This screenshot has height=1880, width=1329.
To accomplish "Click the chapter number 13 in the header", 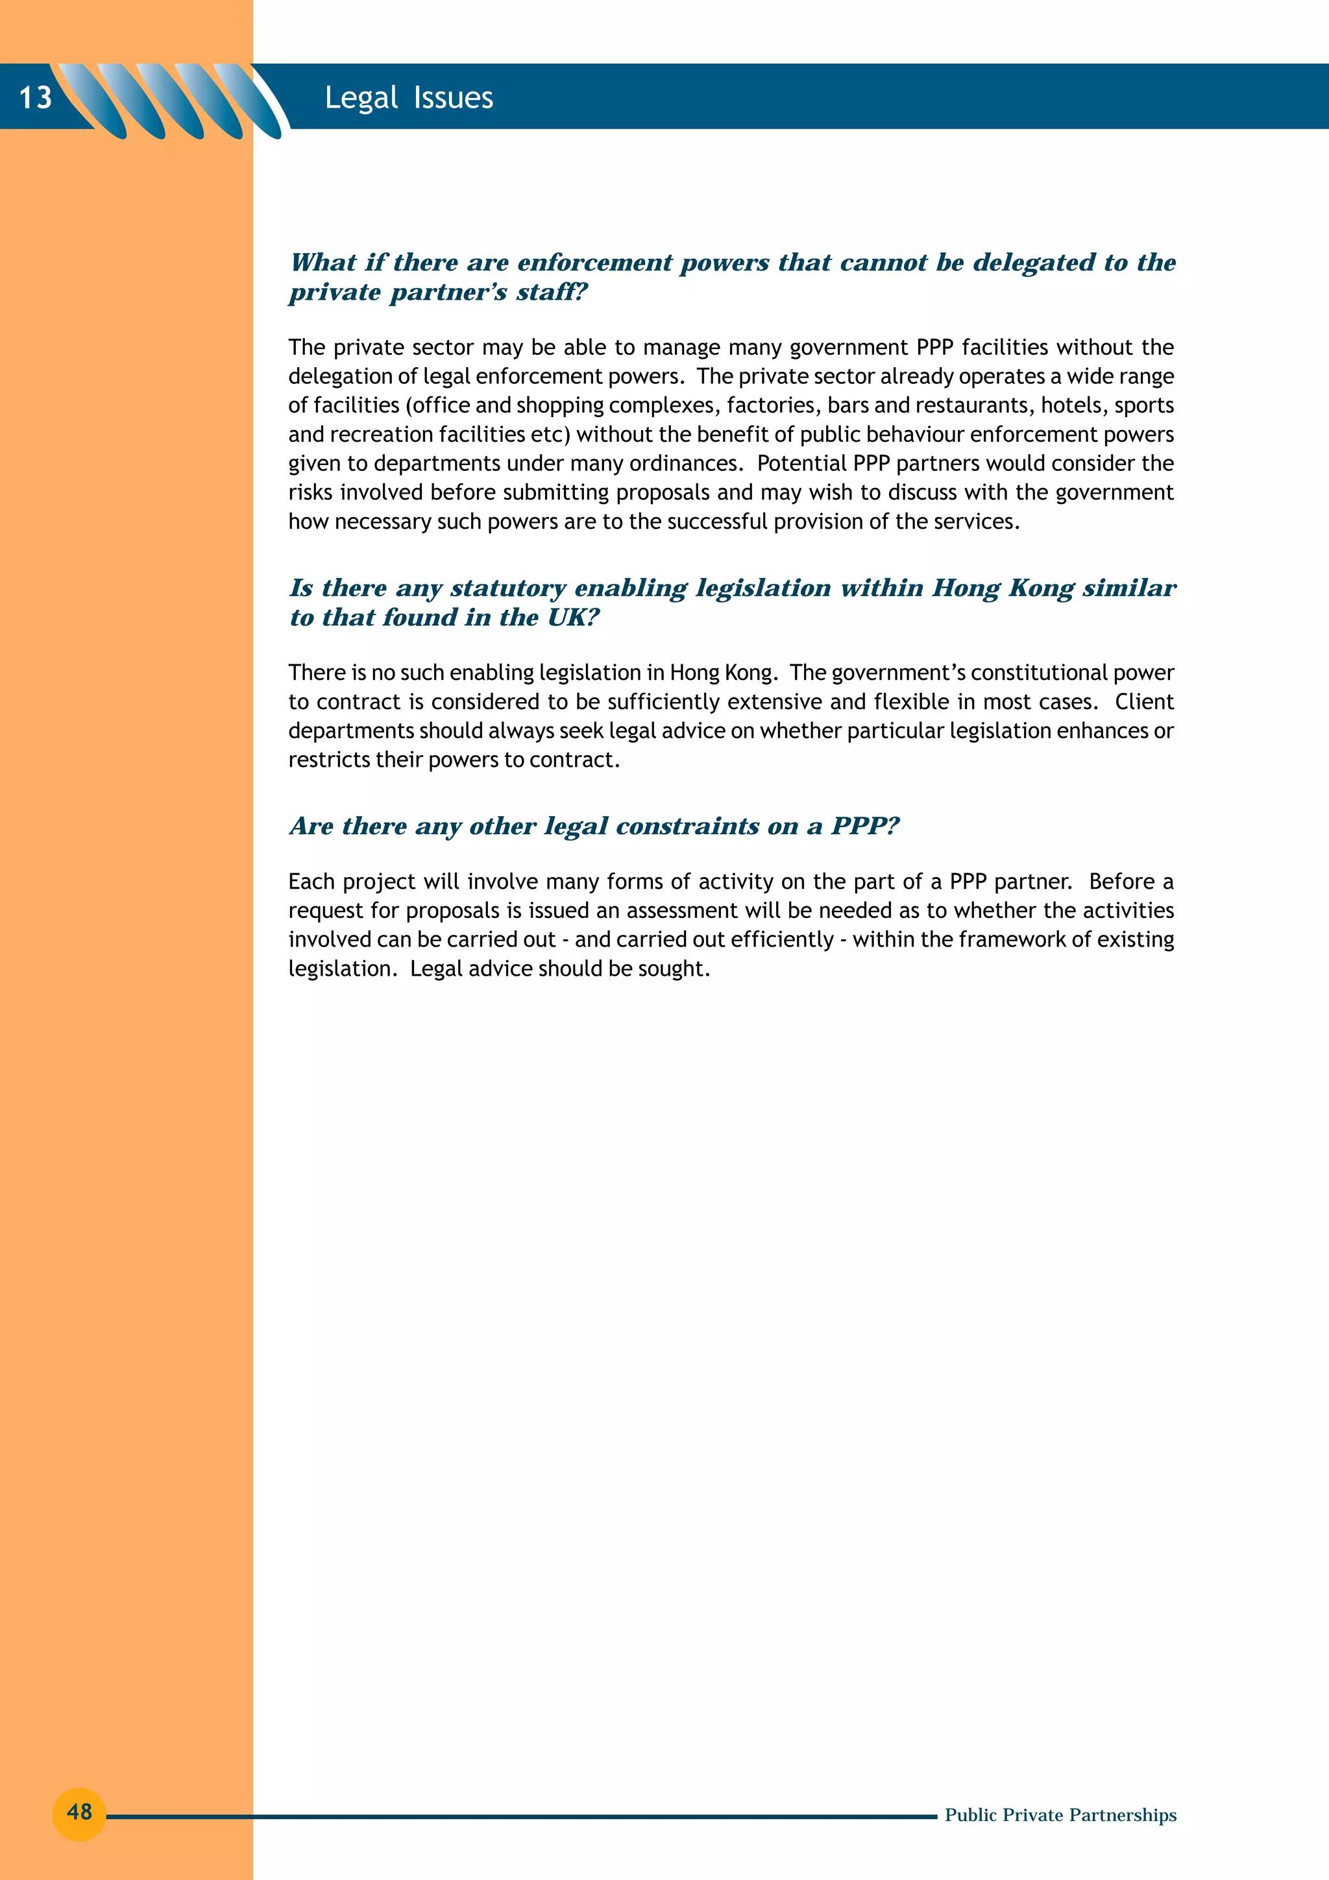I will pyautogui.click(x=35, y=97).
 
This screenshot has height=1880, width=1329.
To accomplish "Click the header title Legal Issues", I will pyautogui.click(x=409, y=97).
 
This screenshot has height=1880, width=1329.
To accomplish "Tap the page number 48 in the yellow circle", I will pyautogui.click(x=79, y=1811).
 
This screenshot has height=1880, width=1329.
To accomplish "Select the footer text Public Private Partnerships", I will pyautogui.click(x=1060, y=1814).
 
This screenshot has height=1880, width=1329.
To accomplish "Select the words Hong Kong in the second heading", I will pyautogui.click(x=1003, y=588).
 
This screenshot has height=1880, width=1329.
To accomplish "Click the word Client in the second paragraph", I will pyautogui.click(x=1144, y=702).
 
